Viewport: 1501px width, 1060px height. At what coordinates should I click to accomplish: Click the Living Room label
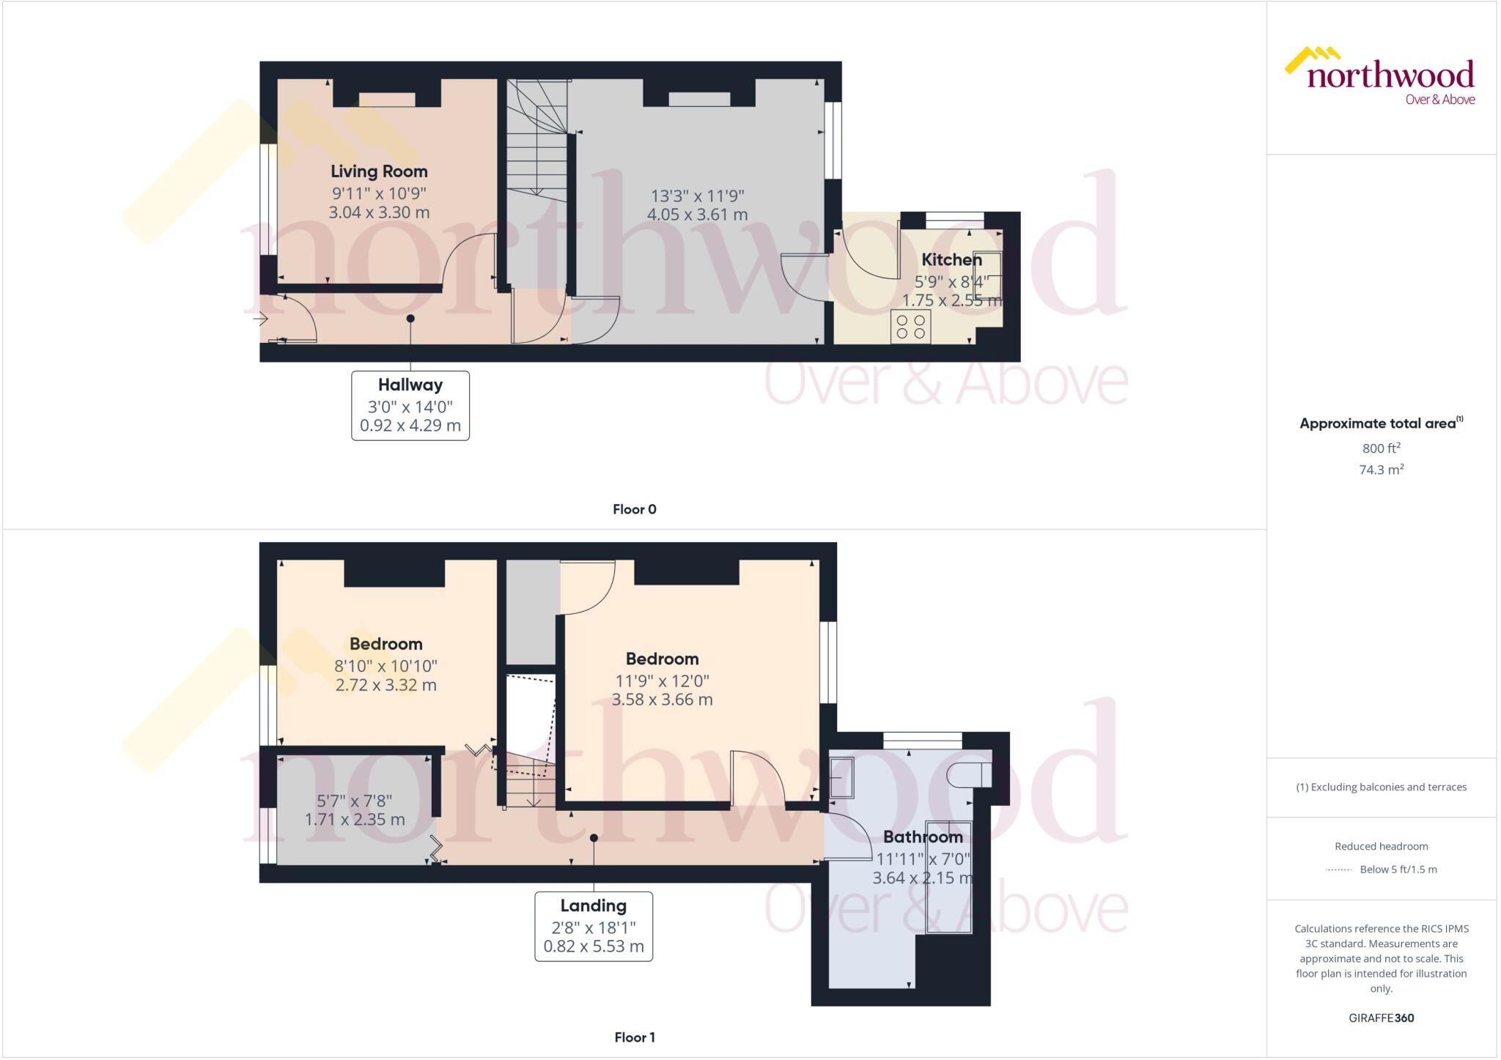379,171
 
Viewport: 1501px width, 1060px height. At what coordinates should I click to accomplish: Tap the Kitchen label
951,259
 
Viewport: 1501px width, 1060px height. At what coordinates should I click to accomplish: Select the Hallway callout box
410,405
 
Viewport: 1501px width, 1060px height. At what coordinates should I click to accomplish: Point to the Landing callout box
594,926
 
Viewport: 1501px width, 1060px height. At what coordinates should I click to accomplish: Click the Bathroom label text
923,837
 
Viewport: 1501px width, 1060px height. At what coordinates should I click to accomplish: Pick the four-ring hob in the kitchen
911,327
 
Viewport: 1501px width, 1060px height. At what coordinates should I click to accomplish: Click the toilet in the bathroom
969,774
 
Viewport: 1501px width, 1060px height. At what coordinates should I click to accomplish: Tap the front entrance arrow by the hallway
260,319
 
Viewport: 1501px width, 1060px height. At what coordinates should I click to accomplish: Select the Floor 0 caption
635,509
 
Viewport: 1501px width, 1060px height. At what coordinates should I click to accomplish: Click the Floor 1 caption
635,1037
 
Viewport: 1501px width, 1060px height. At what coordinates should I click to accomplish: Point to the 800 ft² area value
1382,448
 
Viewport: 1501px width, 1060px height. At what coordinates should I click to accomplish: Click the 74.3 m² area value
1382,470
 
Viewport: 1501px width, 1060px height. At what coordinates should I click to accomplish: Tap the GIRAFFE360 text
1382,1018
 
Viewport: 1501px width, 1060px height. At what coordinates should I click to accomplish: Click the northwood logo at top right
1380,76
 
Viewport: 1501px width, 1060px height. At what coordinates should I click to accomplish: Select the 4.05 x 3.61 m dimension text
697,215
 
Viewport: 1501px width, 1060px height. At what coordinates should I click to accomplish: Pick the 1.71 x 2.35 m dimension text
355,820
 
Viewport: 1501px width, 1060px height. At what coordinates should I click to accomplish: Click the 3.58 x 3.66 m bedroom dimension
663,700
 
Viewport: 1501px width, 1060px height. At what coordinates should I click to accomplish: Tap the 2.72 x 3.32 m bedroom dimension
386,685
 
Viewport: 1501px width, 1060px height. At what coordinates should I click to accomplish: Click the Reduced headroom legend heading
1382,846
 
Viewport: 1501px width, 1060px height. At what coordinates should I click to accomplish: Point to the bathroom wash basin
841,777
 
